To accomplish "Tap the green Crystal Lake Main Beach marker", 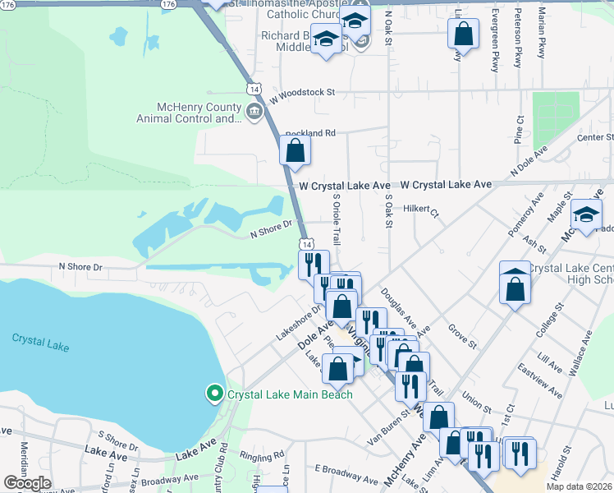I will point(215,394).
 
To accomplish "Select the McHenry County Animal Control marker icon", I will point(254,112).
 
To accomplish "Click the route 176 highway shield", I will point(169,4).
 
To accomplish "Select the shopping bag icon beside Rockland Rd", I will point(296,151).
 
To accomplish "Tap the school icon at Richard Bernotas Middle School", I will point(326,39).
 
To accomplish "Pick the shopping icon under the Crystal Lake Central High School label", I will point(515,288).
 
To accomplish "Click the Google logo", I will point(27,483).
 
